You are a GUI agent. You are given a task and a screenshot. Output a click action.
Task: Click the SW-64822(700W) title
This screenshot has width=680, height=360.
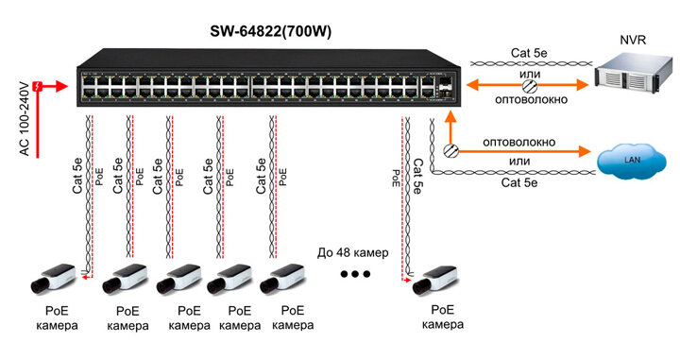[x=270, y=32]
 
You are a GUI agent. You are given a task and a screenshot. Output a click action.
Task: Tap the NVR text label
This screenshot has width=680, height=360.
[x=633, y=40]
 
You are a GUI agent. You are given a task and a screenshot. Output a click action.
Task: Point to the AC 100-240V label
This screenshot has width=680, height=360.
[x=25, y=118]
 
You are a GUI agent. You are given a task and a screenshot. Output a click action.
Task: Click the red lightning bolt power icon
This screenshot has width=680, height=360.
[x=39, y=86]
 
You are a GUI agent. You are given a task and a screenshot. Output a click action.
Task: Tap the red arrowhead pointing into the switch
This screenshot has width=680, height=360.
[x=61, y=86]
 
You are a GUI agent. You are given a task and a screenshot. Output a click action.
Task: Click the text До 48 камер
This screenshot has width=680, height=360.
[x=352, y=252]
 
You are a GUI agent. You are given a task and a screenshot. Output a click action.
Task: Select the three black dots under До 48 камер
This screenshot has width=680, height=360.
[x=355, y=274]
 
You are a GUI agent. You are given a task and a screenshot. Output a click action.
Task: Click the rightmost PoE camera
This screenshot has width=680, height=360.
[x=435, y=281]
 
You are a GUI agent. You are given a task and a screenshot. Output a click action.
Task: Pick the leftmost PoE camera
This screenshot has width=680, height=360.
[x=53, y=278]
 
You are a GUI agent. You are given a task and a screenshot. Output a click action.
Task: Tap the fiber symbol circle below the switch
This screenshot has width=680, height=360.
[x=450, y=150]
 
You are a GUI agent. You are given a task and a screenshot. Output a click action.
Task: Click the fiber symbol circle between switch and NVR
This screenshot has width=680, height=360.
[x=529, y=85]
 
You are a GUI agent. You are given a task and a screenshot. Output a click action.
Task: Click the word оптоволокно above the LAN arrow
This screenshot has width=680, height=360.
[x=518, y=143]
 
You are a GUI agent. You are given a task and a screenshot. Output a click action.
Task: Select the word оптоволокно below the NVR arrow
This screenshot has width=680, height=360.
[x=531, y=100]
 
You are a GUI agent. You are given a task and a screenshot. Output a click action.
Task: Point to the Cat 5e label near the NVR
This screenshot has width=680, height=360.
[x=529, y=53]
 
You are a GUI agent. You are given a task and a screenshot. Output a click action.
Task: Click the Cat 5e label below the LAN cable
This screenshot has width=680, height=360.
[x=519, y=182]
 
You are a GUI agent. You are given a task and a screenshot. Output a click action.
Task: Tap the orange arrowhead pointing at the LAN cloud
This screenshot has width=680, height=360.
[x=584, y=151]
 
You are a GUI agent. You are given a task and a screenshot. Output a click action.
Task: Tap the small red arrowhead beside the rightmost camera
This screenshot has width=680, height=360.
[x=406, y=281]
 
